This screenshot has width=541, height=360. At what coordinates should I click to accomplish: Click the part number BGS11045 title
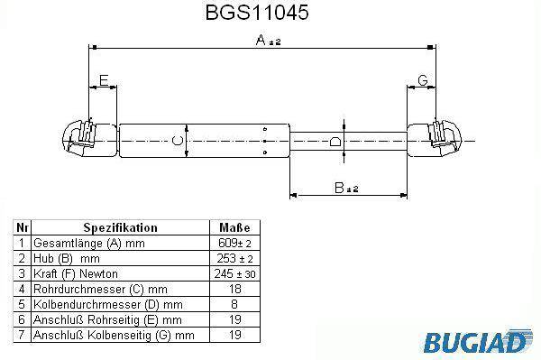(257, 13)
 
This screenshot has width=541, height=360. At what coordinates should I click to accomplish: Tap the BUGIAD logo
(477, 341)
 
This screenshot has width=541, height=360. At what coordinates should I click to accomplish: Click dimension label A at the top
(261, 40)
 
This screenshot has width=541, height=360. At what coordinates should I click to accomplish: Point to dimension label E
(104, 80)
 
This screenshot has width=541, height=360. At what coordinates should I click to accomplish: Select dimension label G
(422, 80)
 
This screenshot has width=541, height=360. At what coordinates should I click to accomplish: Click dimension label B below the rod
(340, 188)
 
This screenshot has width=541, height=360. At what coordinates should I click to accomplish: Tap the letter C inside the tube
(178, 141)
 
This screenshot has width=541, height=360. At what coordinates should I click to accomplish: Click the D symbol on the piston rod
(335, 141)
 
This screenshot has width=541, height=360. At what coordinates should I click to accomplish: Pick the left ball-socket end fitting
(90, 139)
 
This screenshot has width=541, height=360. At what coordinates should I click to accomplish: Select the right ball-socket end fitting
(435, 139)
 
